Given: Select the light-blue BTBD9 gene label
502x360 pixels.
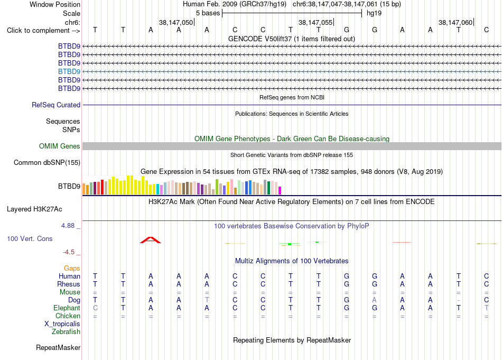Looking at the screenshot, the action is (x=69, y=71).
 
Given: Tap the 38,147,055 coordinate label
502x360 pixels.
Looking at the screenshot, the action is (x=315, y=22).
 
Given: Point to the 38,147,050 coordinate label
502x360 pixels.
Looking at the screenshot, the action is (x=176, y=22).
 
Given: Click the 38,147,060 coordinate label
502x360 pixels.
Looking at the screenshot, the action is (x=455, y=22).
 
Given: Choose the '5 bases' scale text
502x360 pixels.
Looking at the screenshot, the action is (x=208, y=13).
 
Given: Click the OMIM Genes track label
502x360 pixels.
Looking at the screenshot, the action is (x=60, y=146).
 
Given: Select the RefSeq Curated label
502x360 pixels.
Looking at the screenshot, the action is (x=56, y=105).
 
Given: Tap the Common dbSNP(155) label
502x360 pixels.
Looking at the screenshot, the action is (x=47, y=162).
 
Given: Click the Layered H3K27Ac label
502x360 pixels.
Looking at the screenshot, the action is (x=34, y=209).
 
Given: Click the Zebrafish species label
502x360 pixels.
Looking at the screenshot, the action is (x=66, y=331).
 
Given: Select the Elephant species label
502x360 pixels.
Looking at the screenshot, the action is (x=67, y=308).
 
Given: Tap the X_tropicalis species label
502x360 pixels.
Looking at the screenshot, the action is (x=62, y=324).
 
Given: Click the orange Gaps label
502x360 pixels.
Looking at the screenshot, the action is (x=72, y=268).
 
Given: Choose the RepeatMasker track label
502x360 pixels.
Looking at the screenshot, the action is (x=58, y=347).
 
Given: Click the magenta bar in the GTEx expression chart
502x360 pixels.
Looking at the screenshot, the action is (x=280, y=190).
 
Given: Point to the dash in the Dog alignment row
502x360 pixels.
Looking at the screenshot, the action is (x=459, y=300).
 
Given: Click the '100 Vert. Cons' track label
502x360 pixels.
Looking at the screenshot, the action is (x=30, y=238).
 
